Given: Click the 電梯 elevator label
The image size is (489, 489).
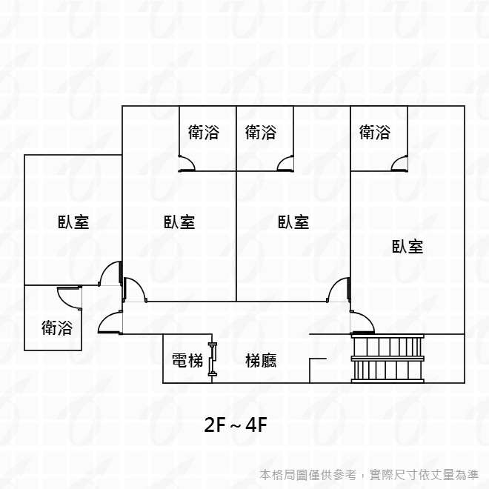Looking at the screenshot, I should click(187, 361).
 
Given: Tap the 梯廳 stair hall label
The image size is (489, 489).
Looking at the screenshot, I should click(261, 361).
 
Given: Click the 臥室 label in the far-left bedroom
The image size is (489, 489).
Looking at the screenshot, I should click(73, 222).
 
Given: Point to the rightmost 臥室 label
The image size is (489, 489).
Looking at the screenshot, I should click(408, 247).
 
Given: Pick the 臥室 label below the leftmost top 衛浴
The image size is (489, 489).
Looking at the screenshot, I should click(179, 222).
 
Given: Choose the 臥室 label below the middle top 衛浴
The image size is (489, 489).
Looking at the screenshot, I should click(293, 222).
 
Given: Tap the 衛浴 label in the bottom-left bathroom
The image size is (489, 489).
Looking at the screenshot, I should click(57, 327).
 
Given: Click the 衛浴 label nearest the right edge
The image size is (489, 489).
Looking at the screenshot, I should click(375, 133).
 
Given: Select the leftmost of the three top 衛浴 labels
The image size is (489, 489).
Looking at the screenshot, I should click(204, 133).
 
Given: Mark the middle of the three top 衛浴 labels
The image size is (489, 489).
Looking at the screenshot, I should click(261, 133).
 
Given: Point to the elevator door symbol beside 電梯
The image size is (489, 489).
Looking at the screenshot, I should click(213, 359).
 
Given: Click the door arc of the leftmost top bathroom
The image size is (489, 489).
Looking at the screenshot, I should click(187, 164).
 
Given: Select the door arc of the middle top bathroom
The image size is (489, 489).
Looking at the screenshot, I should click(285, 164).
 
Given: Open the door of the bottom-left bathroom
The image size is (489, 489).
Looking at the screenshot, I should click(69, 295).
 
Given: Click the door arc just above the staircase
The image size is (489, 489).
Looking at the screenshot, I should click(363, 322).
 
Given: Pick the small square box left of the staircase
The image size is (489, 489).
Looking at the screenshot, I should click(318, 370).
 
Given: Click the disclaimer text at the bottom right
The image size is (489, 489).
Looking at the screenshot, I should click(370, 474).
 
